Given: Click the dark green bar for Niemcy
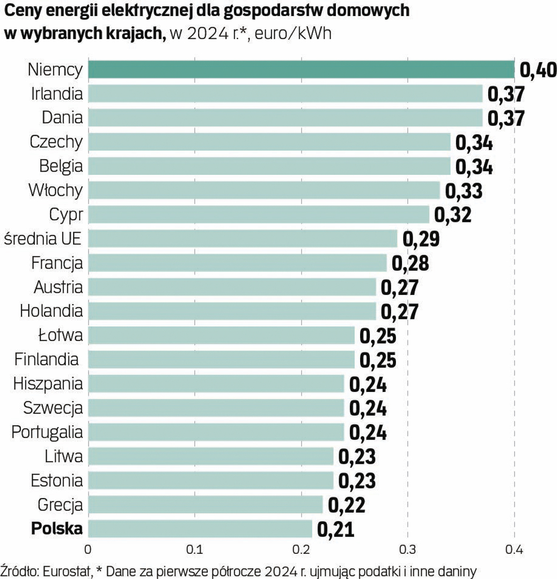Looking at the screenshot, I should point(301,70).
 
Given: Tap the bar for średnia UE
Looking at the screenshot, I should point(243,239).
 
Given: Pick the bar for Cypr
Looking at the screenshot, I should point(259,214).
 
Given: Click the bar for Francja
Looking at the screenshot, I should point(237,263).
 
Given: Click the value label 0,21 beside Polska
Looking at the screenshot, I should point(335,530).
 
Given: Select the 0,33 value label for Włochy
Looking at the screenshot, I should point(464,191).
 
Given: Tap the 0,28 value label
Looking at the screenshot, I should point(411,263).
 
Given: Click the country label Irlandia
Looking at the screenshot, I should point(57,94).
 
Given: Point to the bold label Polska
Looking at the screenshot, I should point(57,529).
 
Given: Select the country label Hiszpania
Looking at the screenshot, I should point(48,384).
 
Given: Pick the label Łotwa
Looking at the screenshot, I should point(61,336).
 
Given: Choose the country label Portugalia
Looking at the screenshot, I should point(47,432).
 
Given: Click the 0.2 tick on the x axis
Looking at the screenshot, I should point(301,550).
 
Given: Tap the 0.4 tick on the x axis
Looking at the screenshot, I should point(514,550).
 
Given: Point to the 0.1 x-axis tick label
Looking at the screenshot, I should point(194,550).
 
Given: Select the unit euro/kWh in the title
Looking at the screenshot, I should point(293,33).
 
